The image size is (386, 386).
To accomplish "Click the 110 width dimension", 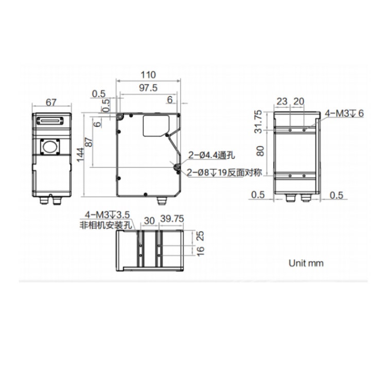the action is pos(148,75).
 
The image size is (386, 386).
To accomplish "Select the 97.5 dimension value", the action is pos(148,88).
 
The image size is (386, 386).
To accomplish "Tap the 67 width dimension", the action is pos(51,102).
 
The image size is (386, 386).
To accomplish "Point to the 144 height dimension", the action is pos(80,154).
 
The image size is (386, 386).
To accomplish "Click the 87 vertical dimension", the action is pos(89,142).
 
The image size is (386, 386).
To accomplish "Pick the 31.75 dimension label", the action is pos(258,121).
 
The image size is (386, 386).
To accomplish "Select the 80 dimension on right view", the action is pos(260,151).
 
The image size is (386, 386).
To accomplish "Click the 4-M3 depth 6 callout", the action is pos(344,114).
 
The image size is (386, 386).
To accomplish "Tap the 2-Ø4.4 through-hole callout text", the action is pos(212,155).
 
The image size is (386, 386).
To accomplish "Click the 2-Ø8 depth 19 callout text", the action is pos(224,172).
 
